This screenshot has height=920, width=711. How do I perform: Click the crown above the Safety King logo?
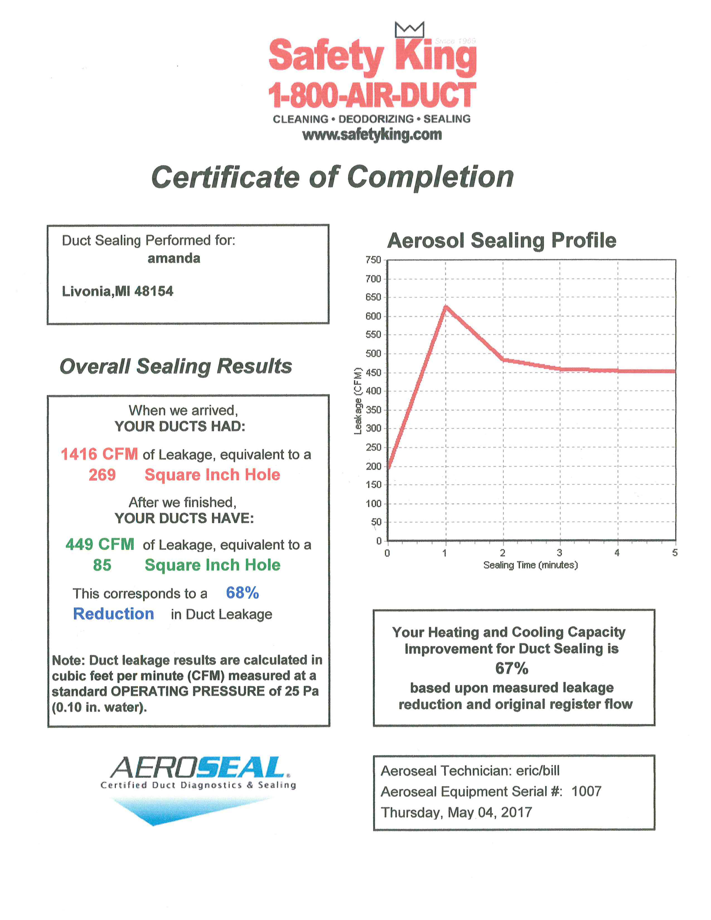click(x=409, y=30)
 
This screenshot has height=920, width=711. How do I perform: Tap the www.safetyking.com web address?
click(x=372, y=135)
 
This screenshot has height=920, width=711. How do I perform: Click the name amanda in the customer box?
click(x=173, y=258)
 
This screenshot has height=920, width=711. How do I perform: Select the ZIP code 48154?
click(x=154, y=291)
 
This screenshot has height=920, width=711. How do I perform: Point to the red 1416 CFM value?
click(x=100, y=454)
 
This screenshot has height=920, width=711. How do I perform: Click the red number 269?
click(x=102, y=475)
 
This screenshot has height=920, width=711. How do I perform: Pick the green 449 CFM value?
click(x=100, y=544)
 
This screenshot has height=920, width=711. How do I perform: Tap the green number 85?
click(x=102, y=565)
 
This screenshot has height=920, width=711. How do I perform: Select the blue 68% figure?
click(x=242, y=593)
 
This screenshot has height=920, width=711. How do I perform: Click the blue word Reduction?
click(x=114, y=614)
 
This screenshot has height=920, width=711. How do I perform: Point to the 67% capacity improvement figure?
click(x=512, y=668)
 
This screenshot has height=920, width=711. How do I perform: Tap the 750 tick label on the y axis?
click(x=373, y=260)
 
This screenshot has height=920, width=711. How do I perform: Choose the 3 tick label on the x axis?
click(x=559, y=553)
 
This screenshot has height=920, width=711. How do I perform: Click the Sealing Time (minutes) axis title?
click(x=530, y=565)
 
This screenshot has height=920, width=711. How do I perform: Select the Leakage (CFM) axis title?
click(x=358, y=401)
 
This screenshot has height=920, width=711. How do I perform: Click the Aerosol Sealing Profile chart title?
click(x=502, y=241)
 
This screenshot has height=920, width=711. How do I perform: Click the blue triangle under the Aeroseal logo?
click(x=168, y=811)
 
